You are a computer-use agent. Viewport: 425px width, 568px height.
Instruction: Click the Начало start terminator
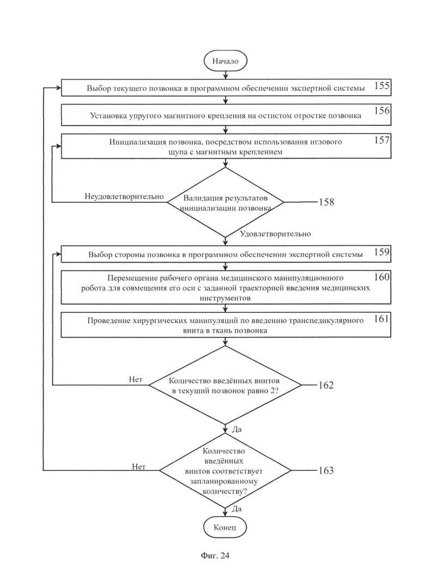pyautogui.click(x=225, y=61)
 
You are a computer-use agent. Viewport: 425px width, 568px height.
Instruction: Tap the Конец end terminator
pyautogui.click(x=225, y=527)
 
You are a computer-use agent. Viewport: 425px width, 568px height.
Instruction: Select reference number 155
pyautogui.click(x=382, y=86)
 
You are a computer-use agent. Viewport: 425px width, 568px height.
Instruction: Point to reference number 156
pyautogui.click(x=382, y=111)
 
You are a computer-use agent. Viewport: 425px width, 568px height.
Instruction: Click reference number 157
pyautogui.click(x=382, y=140)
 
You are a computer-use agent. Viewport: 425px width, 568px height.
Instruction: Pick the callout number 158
pyautogui.click(x=326, y=202)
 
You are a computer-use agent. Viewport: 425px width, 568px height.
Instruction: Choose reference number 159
pyautogui.click(x=382, y=252)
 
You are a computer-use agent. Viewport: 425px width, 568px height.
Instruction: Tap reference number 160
pyautogui.click(x=382, y=277)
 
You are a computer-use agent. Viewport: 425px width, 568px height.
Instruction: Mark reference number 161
pyautogui.click(x=381, y=319)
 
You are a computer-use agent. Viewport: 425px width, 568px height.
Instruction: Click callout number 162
pyautogui.click(x=326, y=385)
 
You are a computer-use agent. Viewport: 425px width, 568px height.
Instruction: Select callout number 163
pyautogui.click(x=326, y=470)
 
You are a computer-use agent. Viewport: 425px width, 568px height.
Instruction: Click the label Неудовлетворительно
pyautogui.click(x=124, y=197)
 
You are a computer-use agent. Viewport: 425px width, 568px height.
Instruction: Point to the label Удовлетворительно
pyautogui.click(x=276, y=234)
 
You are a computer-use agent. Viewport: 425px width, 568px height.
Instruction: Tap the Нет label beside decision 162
pyautogui.click(x=136, y=379)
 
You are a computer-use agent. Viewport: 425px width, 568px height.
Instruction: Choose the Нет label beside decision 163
pyautogui.click(x=138, y=467)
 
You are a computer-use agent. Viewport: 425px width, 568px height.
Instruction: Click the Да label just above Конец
pyautogui.click(x=237, y=509)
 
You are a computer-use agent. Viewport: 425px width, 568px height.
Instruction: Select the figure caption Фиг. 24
pyautogui.click(x=215, y=555)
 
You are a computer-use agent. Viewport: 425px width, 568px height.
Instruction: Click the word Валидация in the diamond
pyautogui.click(x=201, y=198)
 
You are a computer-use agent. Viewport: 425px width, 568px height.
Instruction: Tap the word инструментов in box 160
pyautogui.click(x=225, y=299)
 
